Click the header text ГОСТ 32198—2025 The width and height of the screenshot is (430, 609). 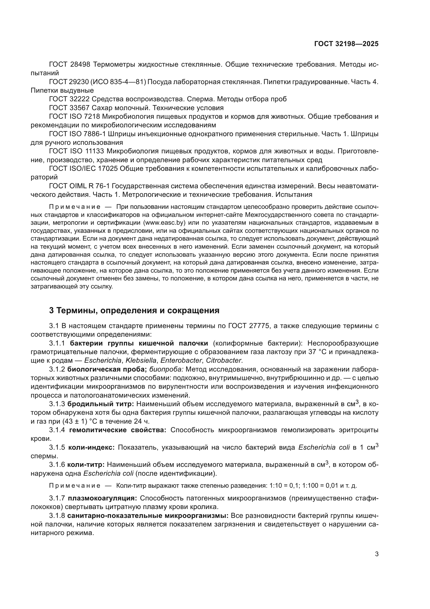346,44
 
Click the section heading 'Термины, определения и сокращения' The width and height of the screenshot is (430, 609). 134,310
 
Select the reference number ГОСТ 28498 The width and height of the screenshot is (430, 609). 70,65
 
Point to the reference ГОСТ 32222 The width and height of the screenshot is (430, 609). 70,99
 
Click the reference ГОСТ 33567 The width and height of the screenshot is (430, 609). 70,108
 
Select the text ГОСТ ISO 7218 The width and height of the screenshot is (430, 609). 74,116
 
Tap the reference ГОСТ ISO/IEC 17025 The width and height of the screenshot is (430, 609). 83,169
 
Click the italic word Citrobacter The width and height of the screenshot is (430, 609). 224,360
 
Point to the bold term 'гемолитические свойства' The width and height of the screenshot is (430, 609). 118,430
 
